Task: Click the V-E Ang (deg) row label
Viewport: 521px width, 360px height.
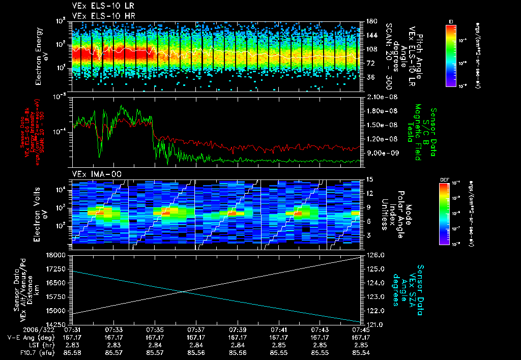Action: (x=28, y=337)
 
